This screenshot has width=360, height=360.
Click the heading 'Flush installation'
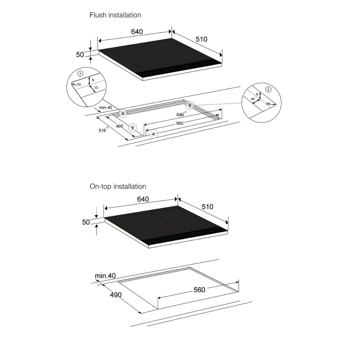coord(115,15)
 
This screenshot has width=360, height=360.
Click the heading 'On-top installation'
coord(118,186)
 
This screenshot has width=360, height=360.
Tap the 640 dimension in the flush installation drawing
coord(137,32)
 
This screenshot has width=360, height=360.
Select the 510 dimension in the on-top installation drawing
coord(208,207)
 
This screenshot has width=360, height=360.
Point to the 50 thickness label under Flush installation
coord(80,55)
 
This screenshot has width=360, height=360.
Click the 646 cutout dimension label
coord(181,114)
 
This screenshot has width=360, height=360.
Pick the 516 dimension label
coord(103,130)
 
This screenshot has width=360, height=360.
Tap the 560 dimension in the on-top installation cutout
coord(199,290)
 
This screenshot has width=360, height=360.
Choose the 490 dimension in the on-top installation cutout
coord(116,295)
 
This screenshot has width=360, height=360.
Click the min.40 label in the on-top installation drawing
coord(105,275)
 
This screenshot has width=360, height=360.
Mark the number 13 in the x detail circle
coord(96,88)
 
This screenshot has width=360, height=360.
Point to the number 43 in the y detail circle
coord(253,99)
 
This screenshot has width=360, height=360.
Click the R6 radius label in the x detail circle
coord(79,85)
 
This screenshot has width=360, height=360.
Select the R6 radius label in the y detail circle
coord(268,104)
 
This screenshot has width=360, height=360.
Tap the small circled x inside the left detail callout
coord(80,73)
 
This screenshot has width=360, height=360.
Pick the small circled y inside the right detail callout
coord(268,90)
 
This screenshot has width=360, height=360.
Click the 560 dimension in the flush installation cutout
coord(180,123)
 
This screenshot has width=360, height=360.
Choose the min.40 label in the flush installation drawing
coord(105,107)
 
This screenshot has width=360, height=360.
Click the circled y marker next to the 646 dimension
coord(190,105)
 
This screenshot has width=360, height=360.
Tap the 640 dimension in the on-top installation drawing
coord(143,199)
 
